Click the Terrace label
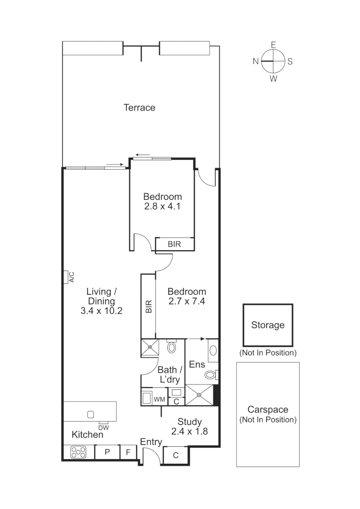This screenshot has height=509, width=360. click(139, 107)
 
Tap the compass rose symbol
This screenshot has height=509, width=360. click(273, 61)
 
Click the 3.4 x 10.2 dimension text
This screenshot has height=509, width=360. click(102, 311)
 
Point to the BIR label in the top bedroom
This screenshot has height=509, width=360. click(174, 245)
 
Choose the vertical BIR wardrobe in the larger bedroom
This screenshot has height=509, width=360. click(148, 306)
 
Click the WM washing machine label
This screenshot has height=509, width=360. click(160, 400)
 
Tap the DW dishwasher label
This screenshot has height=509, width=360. click(104, 427)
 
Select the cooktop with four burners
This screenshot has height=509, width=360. click(79, 452)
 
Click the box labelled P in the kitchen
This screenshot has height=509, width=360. click(107, 452)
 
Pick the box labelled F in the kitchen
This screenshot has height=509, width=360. click(128, 452)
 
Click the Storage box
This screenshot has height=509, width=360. click(268, 325)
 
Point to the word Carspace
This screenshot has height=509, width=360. click(268, 410)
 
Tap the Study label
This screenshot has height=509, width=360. click(189, 422)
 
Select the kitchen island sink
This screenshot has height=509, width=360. click(91, 414)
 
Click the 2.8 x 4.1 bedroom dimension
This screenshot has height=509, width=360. click(163, 206)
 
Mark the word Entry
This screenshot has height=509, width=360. click(151, 442)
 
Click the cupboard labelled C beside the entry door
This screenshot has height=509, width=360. click(175, 456)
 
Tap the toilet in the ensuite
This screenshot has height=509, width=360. click(210, 375)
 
